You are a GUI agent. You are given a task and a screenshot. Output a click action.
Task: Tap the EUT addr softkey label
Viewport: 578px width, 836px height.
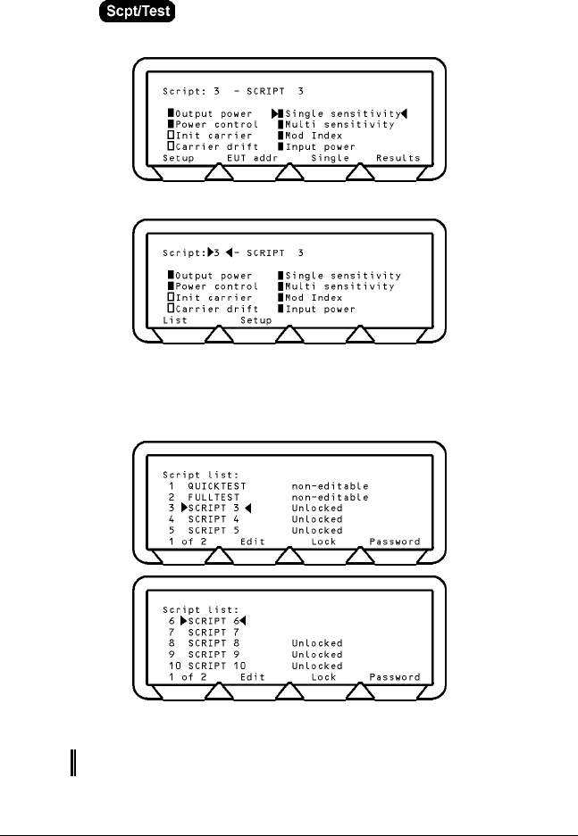click(x=252, y=157)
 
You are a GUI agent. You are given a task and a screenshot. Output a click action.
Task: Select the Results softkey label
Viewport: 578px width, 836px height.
click(x=398, y=157)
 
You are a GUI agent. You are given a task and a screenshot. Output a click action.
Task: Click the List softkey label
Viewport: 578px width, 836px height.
click(x=174, y=320)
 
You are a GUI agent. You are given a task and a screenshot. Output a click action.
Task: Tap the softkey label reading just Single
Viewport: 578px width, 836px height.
click(x=330, y=157)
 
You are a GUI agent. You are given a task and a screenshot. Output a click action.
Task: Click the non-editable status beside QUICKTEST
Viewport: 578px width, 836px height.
click(x=330, y=485)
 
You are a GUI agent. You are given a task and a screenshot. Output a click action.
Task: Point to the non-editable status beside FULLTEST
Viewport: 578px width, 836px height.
click(x=330, y=497)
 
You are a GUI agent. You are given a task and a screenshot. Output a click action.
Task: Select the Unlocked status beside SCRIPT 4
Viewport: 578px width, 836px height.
click(x=316, y=519)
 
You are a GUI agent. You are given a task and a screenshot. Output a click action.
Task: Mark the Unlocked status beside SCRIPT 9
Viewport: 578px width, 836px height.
click(x=316, y=654)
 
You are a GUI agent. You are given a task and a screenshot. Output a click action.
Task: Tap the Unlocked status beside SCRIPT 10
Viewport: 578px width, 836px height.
click(x=316, y=666)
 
